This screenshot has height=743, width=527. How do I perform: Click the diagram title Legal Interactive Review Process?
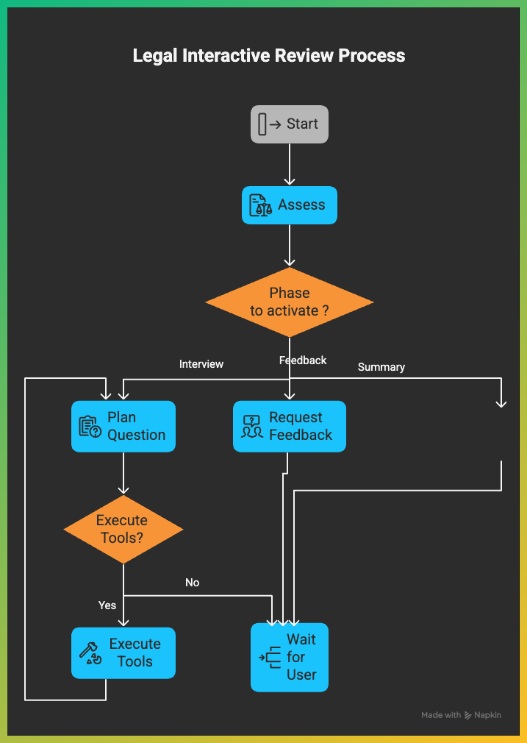[x=268, y=55]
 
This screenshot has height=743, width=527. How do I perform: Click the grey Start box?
[x=289, y=124]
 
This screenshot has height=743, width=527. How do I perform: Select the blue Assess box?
[x=289, y=205]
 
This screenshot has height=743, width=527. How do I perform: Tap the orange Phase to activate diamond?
[x=289, y=302]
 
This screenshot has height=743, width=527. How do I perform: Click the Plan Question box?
[x=123, y=426]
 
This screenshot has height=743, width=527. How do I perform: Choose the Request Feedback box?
[x=289, y=426]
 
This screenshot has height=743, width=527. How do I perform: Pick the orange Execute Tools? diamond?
[x=123, y=529]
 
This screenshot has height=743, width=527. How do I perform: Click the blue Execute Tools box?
[x=123, y=653]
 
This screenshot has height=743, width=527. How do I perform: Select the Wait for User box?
[x=289, y=657]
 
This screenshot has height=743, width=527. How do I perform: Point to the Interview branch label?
[x=201, y=364]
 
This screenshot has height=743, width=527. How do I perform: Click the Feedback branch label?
[x=303, y=360]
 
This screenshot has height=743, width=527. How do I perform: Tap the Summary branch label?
[x=381, y=367]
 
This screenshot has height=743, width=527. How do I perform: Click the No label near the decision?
[x=192, y=583]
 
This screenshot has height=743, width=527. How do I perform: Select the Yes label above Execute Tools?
[x=107, y=605]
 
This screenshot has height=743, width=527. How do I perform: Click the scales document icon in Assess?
[x=259, y=206]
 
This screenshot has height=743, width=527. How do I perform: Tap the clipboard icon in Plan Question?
[x=90, y=427]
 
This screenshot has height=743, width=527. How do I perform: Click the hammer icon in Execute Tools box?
[x=90, y=653]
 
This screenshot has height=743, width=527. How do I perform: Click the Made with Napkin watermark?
[x=461, y=715]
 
